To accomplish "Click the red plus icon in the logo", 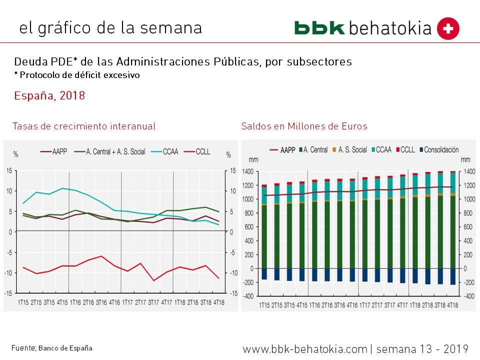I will click(x=448, y=28).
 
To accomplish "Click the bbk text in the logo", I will click(x=319, y=28).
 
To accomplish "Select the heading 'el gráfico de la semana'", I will click(x=110, y=28).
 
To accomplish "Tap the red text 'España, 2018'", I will click(x=49, y=95).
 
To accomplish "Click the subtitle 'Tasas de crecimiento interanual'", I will click(x=84, y=126).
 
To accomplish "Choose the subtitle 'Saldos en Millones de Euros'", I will click(x=304, y=126).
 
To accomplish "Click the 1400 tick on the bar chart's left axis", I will click(x=248, y=171).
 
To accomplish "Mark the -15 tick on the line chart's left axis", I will click(x=9, y=293).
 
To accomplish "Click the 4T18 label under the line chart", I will click(x=219, y=302).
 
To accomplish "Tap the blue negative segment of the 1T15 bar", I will click(x=264, y=274).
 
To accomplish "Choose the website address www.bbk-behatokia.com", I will click(x=305, y=348).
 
